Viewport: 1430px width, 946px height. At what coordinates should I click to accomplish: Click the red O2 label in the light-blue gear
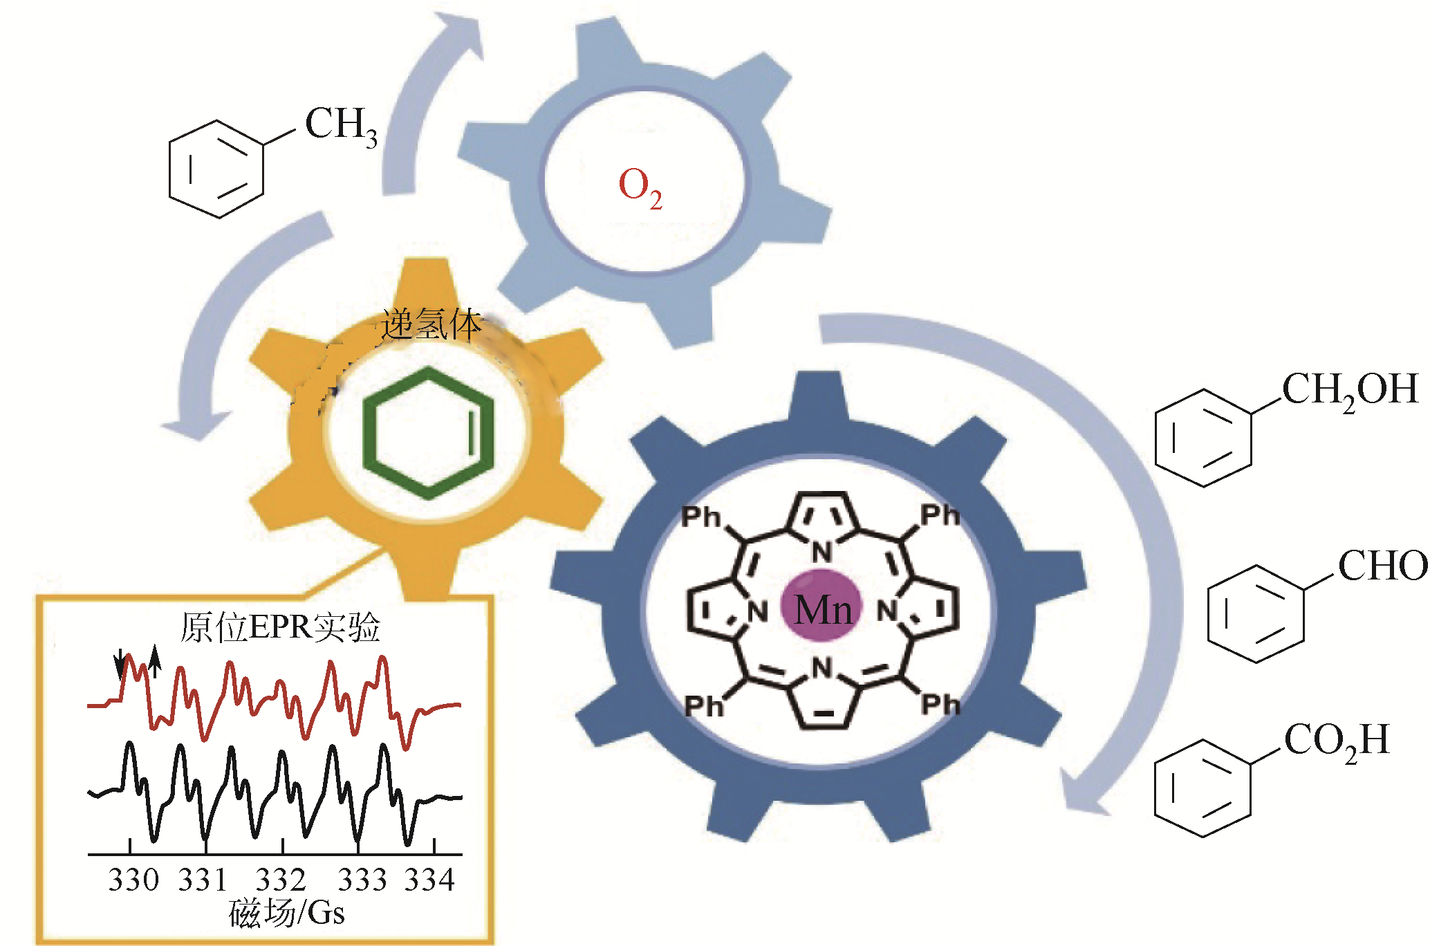coord(640,187)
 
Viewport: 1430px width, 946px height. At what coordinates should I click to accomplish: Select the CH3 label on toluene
coord(341,127)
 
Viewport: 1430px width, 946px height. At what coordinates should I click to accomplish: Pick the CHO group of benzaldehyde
coord(1382,566)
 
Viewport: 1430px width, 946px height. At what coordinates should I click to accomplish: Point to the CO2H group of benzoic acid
coord(1336,742)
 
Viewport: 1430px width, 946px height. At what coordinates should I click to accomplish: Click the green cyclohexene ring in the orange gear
coord(429,434)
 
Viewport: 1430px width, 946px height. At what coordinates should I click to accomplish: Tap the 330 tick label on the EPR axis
coord(133,880)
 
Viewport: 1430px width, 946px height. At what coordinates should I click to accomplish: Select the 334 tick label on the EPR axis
coord(429,880)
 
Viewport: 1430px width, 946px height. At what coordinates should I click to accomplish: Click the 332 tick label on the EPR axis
coord(281,880)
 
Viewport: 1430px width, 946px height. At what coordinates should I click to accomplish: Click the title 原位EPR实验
coord(280,628)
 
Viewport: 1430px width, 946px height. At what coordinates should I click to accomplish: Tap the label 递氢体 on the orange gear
coord(431,325)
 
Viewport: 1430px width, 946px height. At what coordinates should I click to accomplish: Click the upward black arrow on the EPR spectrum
coord(155,660)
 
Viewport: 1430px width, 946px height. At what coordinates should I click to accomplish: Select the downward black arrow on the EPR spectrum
coord(121,665)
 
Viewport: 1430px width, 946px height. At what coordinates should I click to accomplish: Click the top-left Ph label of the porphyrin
coord(700,517)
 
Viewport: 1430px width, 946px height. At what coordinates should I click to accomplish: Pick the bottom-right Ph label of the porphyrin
coord(940,705)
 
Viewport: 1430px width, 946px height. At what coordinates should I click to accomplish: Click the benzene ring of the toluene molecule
coord(216,169)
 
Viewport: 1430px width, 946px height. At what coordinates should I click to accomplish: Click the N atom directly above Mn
coord(821,552)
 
